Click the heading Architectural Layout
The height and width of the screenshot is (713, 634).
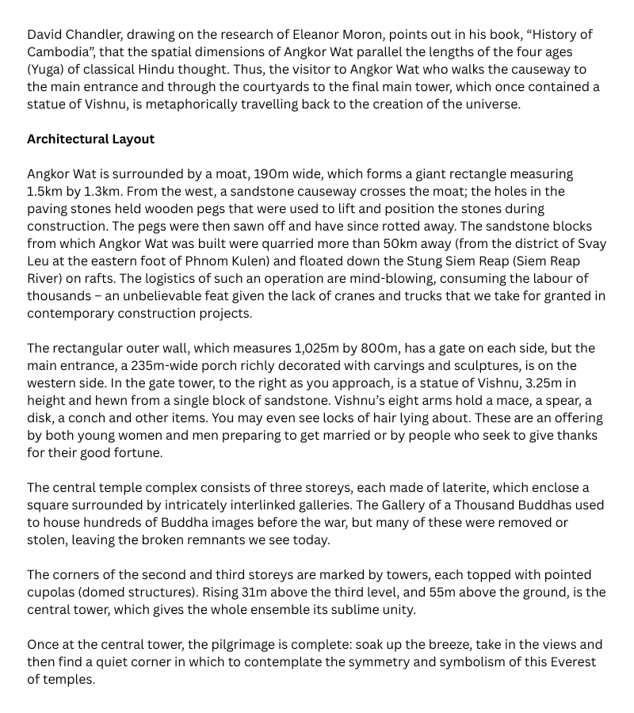pos(90,139)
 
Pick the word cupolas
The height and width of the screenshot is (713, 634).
pos(52,592)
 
